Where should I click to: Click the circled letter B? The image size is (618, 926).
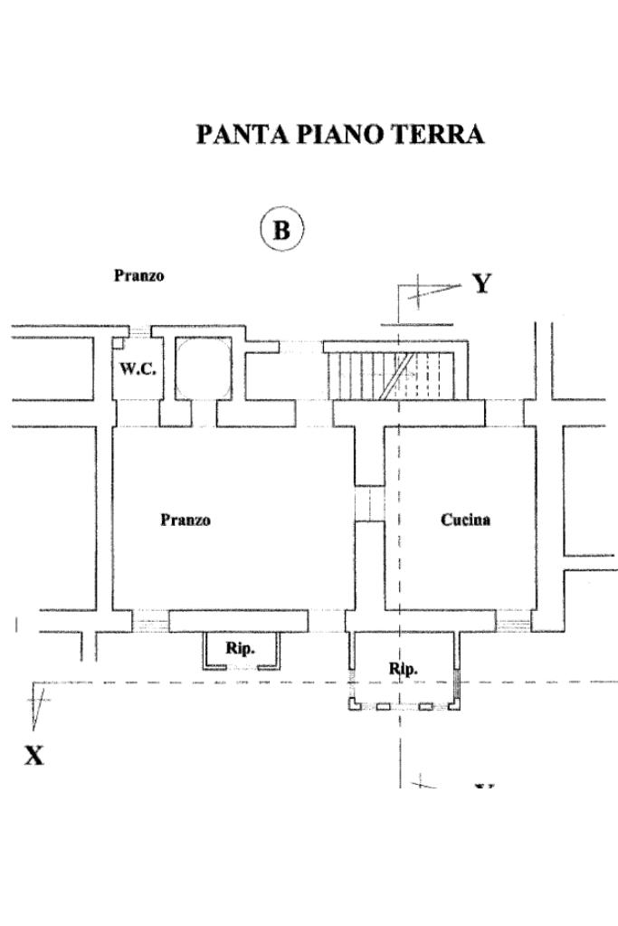coord(281,230)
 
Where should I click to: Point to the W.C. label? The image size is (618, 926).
coord(138,369)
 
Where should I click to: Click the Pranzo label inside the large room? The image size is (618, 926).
coord(185,520)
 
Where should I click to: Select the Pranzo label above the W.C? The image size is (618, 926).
coord(138,275)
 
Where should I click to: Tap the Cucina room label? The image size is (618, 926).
coord(465,520)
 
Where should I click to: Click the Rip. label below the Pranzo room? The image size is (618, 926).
coord(240,648)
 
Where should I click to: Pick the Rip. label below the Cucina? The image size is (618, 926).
coord(404,669)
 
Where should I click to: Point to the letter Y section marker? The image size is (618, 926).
coord(482,283)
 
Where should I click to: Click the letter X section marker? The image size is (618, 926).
coord(33,755)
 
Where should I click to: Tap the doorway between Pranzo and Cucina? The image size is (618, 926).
coord(369,503)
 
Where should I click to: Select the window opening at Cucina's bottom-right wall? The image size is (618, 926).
coord(513,621)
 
